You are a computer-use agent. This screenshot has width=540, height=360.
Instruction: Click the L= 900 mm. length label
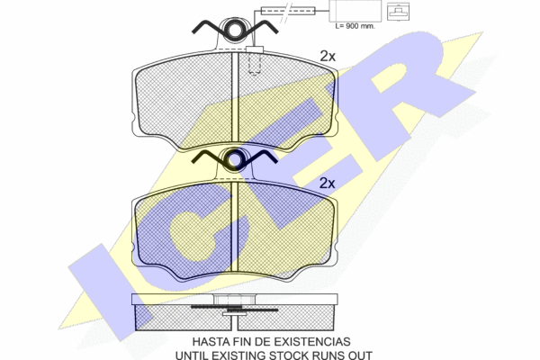tap(355, 26)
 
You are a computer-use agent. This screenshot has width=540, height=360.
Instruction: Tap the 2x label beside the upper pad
tap(328, 56)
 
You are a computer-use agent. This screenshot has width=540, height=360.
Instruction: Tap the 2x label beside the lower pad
tap(327, 184)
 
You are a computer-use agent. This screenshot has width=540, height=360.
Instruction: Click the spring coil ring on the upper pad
tap(235, 30)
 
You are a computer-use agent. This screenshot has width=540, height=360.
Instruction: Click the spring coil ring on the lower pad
tap(235, 159)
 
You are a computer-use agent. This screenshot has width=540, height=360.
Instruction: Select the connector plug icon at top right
tap(398, 12)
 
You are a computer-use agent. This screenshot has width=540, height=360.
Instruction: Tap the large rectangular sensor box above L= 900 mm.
tap(355, 11)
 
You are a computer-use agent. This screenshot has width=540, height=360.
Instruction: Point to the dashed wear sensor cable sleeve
tap(288, 11)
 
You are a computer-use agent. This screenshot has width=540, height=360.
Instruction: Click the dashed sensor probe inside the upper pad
tap(255, 64)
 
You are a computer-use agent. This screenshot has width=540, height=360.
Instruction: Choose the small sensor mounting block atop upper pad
tap(255, 49)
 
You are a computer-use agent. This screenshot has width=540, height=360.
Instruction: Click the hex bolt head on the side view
tap(234, 300)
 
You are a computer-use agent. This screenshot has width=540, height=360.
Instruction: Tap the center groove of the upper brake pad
tap(235, 97)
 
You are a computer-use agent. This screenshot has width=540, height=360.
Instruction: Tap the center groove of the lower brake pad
tap(235, 226)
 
